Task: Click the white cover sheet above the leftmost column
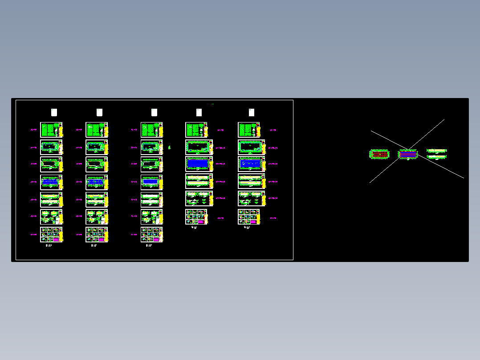pos(54,112)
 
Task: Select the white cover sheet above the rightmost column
pos(251,112)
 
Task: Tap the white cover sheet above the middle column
pos(154,112)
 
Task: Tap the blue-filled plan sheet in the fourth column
pos(197,164)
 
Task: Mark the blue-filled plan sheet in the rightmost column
pos(249,164)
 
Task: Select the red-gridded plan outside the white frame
pos(379,154)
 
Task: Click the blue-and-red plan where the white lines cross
pos(408,154)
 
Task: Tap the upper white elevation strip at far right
pos(436,151)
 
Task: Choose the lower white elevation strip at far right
pos(436,156)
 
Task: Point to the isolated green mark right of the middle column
pos(169,147)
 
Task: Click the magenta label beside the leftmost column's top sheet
pos(33,130)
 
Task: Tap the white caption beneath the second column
pos(94,245)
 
